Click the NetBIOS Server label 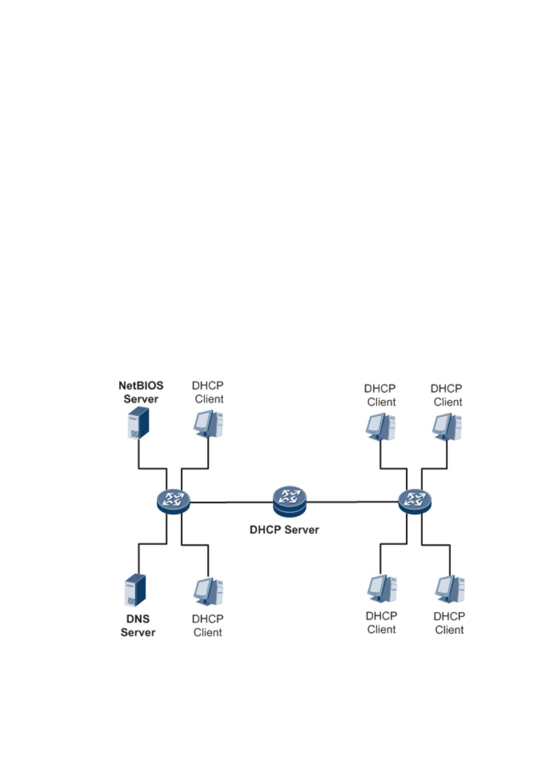[141, 392]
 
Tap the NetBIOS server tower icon [138, 423]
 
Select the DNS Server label [138, 626]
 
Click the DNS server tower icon [135, 590]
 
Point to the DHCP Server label [284, 530]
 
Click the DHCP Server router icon [289, 501]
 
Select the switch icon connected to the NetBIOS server [174, 502]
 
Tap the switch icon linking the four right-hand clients [415, 502]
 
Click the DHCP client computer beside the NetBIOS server [208, 424]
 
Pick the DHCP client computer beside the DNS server [208, 592]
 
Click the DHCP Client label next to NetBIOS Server [208, 392]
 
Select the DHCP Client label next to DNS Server [207, 626]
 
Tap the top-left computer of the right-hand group [381, 427]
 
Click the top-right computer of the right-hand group [447, 427]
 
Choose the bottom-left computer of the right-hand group [382, 589]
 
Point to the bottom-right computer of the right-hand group [450, 589]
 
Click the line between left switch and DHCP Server [232, 502]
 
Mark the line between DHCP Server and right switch [352, 502]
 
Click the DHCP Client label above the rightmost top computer [446, 395]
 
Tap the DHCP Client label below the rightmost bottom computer [449, 623]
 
